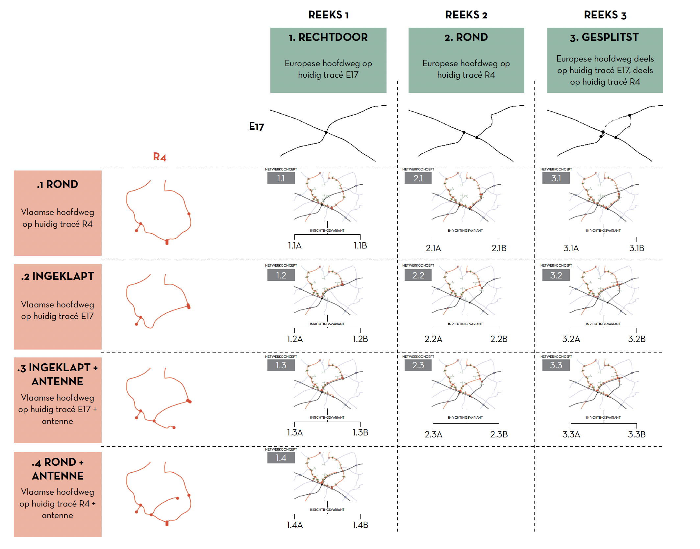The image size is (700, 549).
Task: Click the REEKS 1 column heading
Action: (328, 15)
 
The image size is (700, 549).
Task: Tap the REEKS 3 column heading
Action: (605, 15)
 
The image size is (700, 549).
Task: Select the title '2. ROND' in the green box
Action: (466, 37)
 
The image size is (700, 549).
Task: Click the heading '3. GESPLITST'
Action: (605, 37)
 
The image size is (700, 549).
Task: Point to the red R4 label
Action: (160, 157)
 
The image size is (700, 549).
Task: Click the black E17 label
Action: (256, 126)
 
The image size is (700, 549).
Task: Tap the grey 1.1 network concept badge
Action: (281, 178)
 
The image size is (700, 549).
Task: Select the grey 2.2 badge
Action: (418, 275)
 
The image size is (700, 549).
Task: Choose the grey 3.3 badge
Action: (556, 365)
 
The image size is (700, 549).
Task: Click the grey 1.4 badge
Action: (281, 457)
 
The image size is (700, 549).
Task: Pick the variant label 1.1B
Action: (360, 246)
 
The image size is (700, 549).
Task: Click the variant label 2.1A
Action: (433, 248)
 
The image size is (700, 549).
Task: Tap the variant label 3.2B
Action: (637, 339)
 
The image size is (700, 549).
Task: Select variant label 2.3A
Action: (433, 434)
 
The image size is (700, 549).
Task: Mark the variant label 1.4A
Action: (295, 525)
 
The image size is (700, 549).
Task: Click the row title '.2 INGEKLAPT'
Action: (58, 276)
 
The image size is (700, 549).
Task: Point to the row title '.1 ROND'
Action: (58, 184)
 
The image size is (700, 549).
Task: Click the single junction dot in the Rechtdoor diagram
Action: (326, 132)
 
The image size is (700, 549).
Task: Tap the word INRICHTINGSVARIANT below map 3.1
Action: (603, 230)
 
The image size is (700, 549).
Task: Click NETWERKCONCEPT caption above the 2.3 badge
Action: (418, 356)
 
